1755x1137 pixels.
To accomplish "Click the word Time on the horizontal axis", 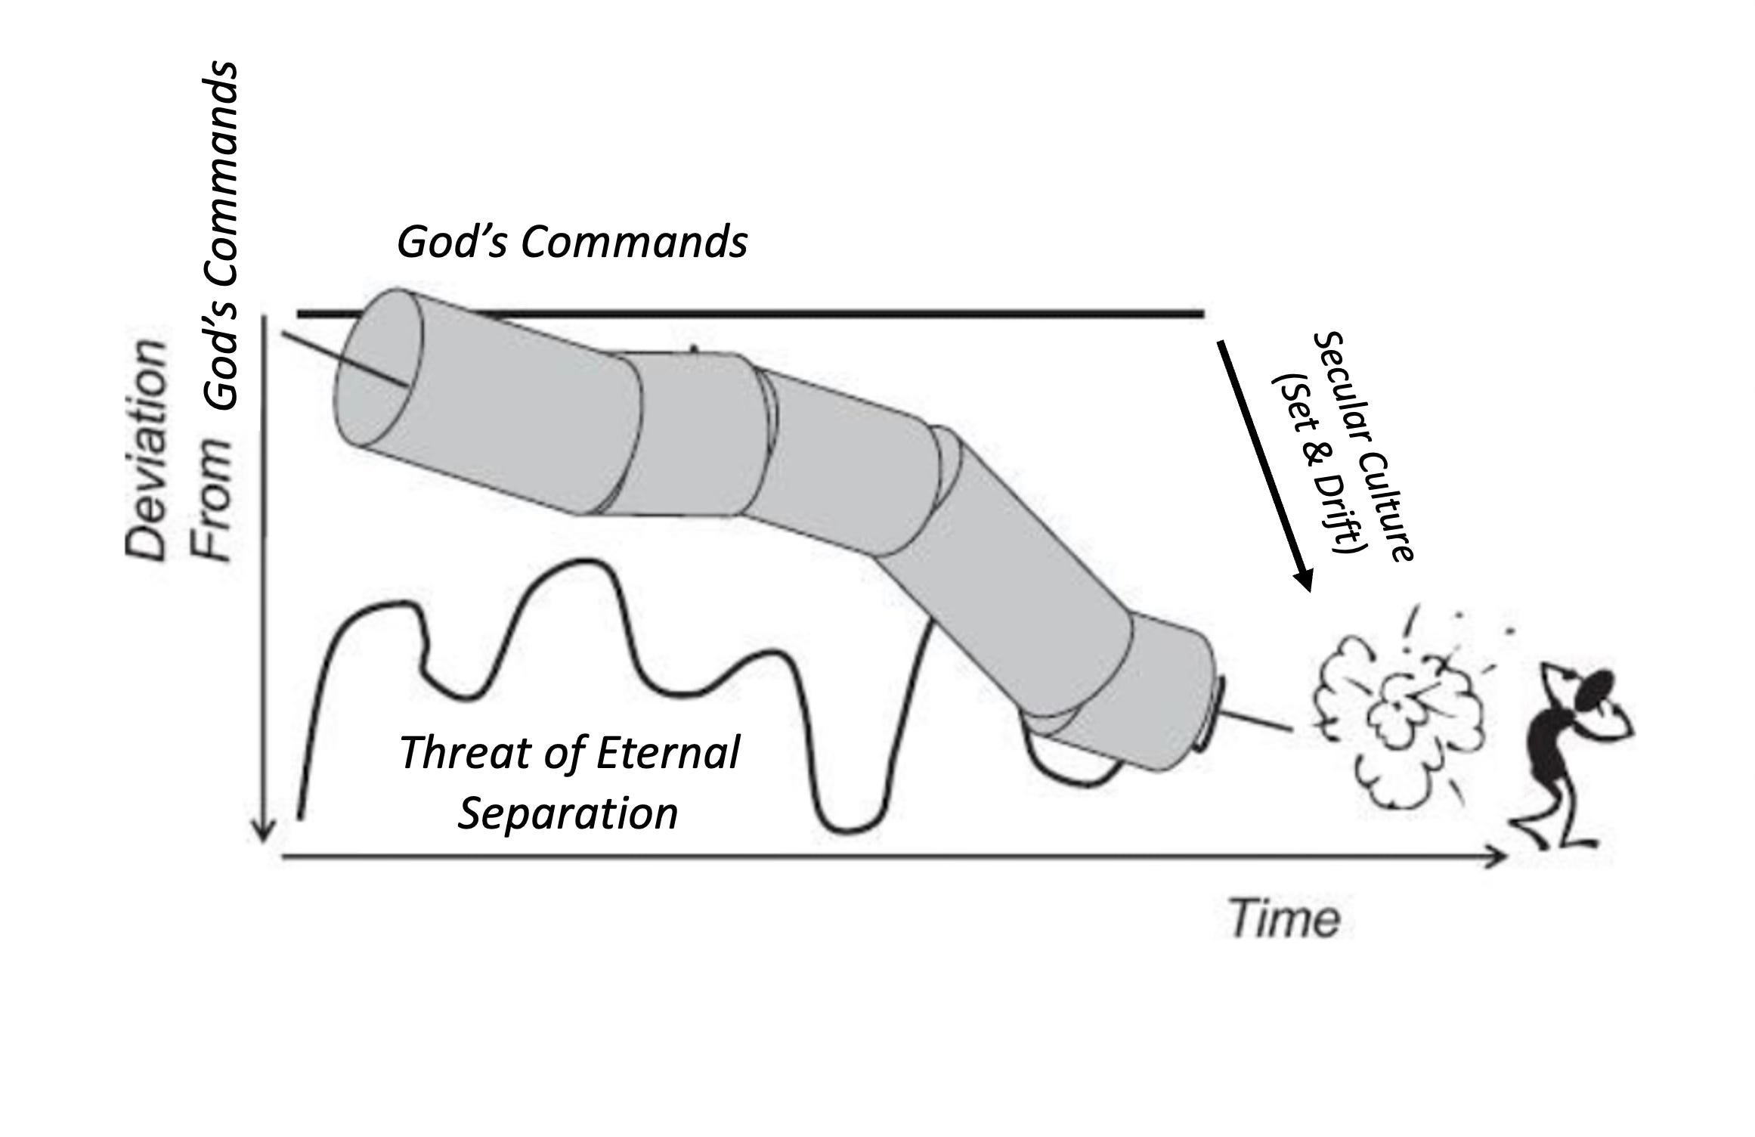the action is click(x=1285, y=919).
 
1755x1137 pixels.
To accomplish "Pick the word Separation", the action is click(x=568, y=813).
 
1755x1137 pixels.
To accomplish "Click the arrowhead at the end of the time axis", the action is click(x=1498, y=857).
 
